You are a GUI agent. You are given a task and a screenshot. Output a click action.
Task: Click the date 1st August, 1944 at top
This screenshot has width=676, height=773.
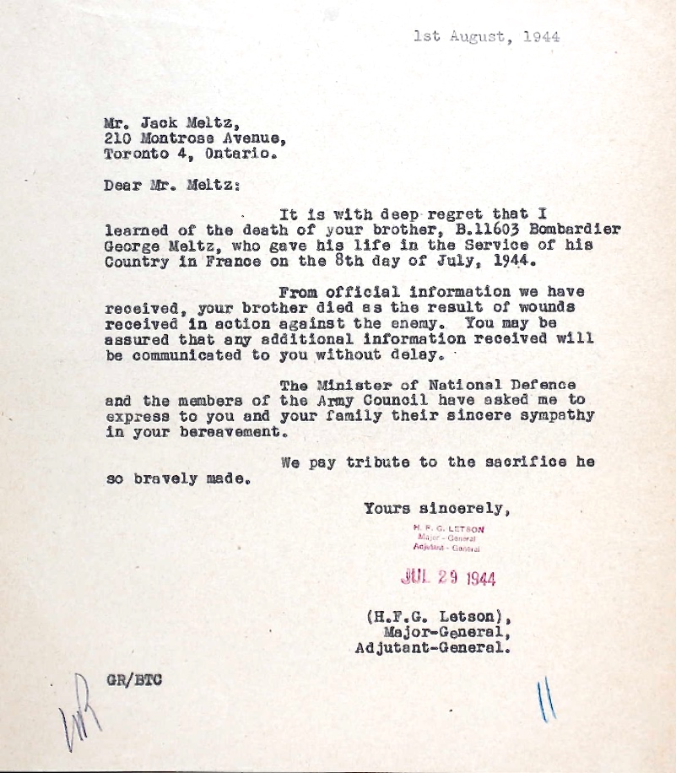pyautogui.click(x=486, y=36)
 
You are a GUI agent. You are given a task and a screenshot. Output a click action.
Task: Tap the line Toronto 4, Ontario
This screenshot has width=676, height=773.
pyautogui.click(x=189, y=154)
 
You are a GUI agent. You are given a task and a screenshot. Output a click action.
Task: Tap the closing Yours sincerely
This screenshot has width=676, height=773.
pyautogui.click(x=436, y=508)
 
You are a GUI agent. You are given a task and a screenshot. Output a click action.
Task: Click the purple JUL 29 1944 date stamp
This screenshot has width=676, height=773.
pyautogui.click(x=448, y=578)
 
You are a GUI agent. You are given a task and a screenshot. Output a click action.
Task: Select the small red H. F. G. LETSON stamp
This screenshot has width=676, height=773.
pyautogui.click(x=448, y=529)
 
